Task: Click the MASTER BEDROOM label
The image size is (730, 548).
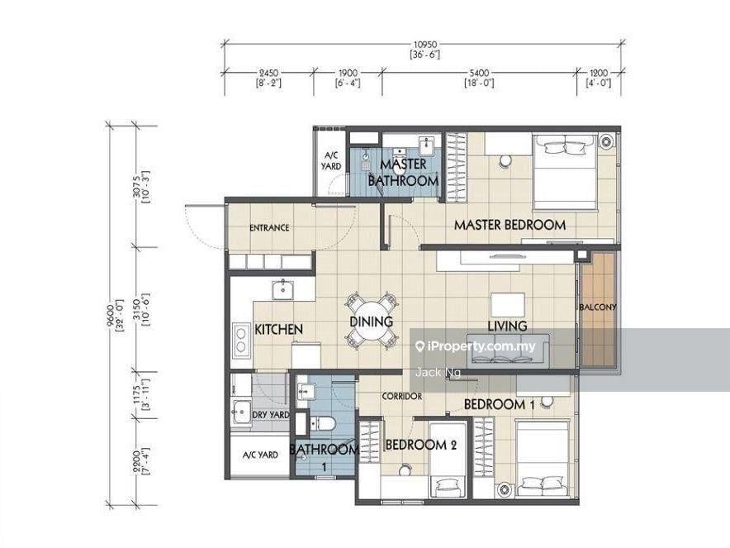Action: (x=510, y=225)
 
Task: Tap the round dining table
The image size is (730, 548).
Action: (x=371, y=321)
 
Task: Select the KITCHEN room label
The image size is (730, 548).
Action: (x=279, y=330)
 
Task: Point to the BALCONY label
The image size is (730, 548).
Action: (x=599, y=307)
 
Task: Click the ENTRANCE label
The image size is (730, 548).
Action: (x=269, y=228)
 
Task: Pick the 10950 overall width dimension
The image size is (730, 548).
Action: (x=425, y=45)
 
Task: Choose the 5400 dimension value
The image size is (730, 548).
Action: (x=480, y=73)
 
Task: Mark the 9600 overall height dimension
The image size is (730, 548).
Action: (x=110, y=317)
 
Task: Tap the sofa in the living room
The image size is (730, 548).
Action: (x=509, y=348)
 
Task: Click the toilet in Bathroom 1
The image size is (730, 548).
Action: (x=322, y=424)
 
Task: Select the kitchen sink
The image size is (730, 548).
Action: (x=282, y=289)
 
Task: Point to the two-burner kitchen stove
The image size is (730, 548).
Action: (x=242, y=340)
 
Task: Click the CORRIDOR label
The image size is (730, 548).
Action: (x=402, y=397)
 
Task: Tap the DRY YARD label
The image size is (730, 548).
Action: (x=271, y=415)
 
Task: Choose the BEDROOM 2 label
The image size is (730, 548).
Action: (x=421, y=445)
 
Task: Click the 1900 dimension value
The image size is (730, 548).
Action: (x=348, y=73)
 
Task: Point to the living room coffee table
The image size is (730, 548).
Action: (x=508, y=305)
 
